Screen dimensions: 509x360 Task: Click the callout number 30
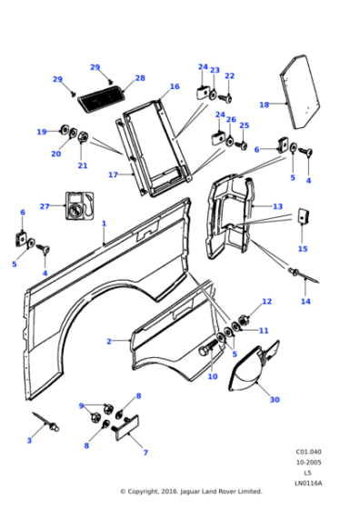click(275, 399)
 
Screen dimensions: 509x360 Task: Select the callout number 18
click(264, 105)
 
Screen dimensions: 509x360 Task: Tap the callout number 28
click(140, 78)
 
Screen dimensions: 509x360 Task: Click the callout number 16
click(174, 87)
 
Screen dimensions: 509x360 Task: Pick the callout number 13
click(278, 206)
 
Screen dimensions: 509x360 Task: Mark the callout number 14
click(305, 301)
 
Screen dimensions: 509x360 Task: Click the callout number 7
click(145, 452)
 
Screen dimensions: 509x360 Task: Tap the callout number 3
click(28, 440)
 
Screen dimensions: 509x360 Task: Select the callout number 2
click(108, 341)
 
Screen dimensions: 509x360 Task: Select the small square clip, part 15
click(304, 217)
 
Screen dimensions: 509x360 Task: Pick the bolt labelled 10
click(210, 345)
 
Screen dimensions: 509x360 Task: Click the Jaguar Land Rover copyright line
click(191, 492)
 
